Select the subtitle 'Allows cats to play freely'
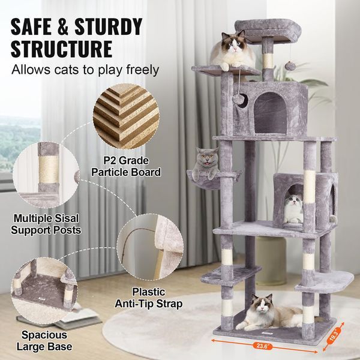coord(85,70)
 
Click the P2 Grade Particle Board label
coord(126,166)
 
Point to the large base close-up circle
coord(46,287)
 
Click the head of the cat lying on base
coord(262,307)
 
